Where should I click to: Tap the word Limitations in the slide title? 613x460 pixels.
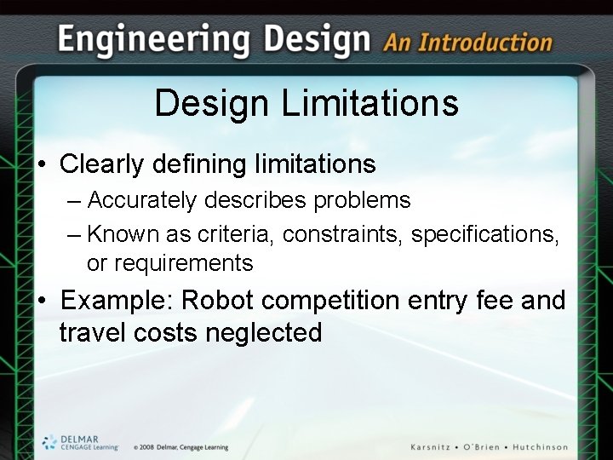point(370,105)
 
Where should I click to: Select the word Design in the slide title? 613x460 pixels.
point(213,105)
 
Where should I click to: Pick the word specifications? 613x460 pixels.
point(484,233)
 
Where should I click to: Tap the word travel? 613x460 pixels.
point(93,333)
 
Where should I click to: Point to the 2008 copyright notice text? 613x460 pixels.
point(180,447)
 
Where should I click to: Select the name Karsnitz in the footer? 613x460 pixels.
point(435,447)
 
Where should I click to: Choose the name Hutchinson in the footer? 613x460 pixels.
point(536,447)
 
